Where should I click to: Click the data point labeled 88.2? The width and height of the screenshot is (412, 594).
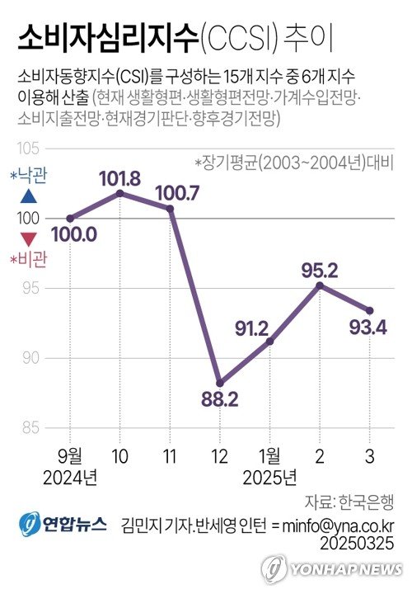pos(220,383)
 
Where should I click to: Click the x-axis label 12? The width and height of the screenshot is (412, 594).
pos(220,455)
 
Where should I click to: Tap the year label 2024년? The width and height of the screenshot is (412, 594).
pos(70,477)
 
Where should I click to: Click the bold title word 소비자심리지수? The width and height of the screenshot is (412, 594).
pos(106,37)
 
